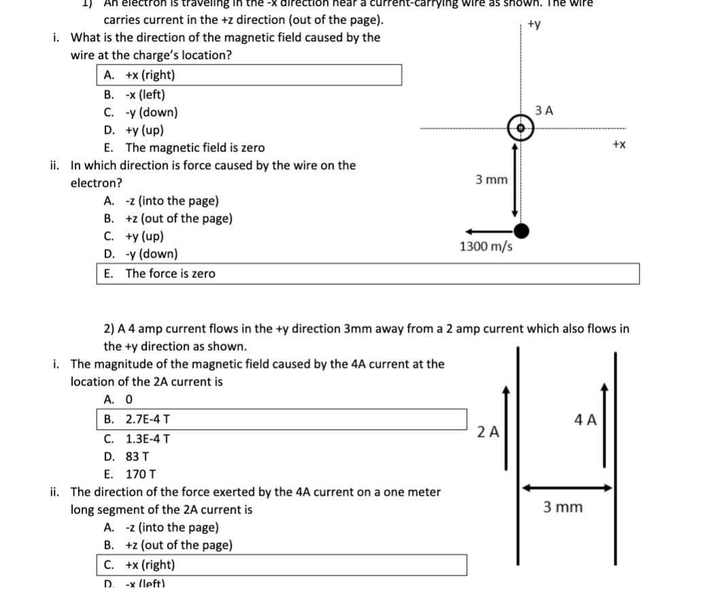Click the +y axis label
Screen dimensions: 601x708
(534, 25)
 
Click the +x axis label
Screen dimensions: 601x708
(619, 145)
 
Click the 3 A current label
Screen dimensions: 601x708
(544, 109)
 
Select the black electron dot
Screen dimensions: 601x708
(521, 231)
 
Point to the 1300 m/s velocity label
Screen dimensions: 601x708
(486, 246)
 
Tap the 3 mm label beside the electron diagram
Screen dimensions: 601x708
(491, 180)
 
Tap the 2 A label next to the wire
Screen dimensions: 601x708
(489, 431)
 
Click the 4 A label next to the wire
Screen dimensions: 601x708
(586, 419)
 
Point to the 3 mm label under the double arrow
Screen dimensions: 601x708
(563, 508)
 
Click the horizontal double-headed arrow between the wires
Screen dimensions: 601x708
(568, 487)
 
